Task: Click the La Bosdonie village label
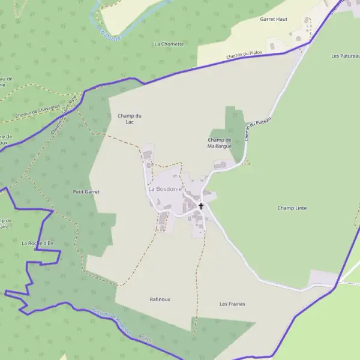(x=164, y=189)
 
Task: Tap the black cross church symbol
(x=201, y=206)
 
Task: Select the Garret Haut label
(x=274, y=19)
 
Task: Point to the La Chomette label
(x=169, y=44)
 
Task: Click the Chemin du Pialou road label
(x=245, y=56)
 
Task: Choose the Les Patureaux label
(x=345, y=56)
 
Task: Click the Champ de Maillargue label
(x=220, y=143)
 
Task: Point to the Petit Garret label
(x=86, y=192)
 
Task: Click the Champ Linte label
(x=292, y=208)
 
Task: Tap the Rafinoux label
(x=160, y=299)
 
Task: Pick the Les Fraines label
(x=232, y=304)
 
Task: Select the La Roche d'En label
(x=37, y=243)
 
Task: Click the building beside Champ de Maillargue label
(x=220, y=164)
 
